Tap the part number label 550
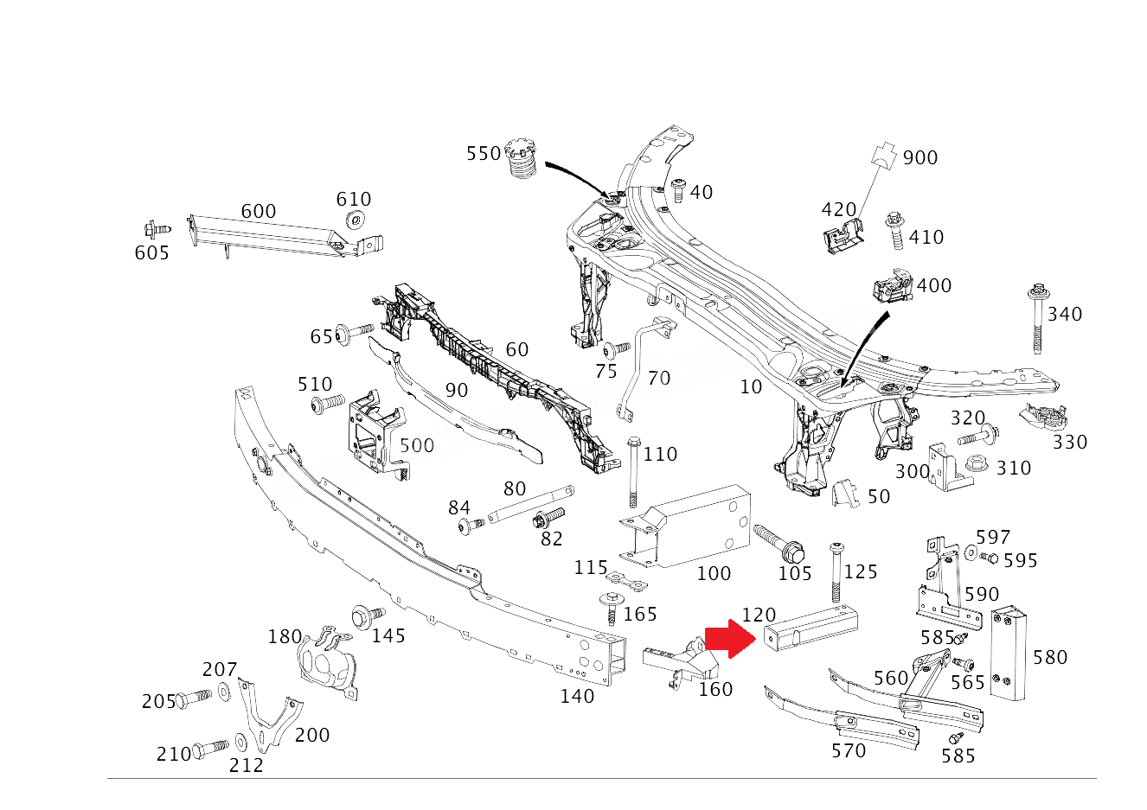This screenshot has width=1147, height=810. (x=484, y=154)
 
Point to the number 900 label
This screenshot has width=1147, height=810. (x=920, y=158)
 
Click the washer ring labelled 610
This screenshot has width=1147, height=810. (x=355, y=219)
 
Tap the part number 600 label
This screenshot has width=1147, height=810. (x=258, y=212)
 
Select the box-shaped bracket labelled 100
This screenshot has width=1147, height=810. (x=692, y=527)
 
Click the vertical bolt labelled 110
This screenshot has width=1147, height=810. (x=633, y=471)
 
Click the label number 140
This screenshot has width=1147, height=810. (x=577, y=696)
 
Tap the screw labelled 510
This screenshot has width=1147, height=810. (x=326, y=404)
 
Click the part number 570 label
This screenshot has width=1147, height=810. (x=849, y=750)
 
